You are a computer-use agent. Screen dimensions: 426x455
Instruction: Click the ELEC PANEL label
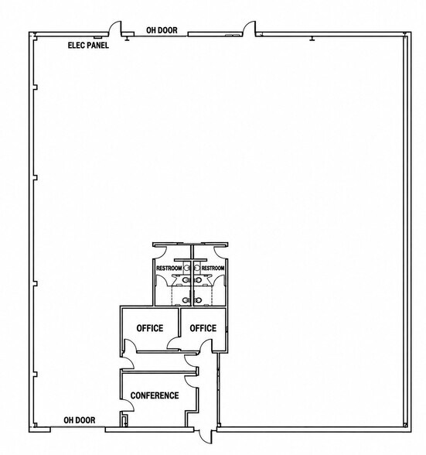pyautogui.click(x=88, y=45)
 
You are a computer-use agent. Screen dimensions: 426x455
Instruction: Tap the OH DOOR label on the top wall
pyautogui.click(x=162, y=30)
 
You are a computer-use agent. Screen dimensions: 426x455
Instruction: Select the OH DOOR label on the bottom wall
pyautogui.click(x=79, y=420)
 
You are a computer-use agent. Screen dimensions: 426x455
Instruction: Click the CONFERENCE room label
pyautogui.click(x=155, y=395)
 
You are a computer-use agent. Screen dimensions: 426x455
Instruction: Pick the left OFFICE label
pyautogui.click(x=150, y=328)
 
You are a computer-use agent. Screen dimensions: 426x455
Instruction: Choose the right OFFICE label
pyautogui.click(x=203, y=328)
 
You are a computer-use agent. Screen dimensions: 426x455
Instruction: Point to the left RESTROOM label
pyautogui.click(x=169, y=268)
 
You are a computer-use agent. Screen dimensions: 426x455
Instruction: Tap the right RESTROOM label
pyautogui.click(x=213, y=268)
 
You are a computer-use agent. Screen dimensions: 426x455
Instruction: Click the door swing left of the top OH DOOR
pyautogui.click(x=115, y=29)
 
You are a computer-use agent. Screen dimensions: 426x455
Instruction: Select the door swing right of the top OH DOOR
pyautogui.click(x=249, y=29)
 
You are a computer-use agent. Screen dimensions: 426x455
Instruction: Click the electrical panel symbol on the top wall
pyautogui.click(x=97, y=37)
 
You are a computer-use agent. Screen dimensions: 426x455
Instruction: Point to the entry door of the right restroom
pyautogui.click(x=220, y=251)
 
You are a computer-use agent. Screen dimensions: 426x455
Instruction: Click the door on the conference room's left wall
pyautogui.click(x=128, y=405)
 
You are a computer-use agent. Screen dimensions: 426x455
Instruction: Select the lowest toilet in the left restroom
pyautogui.click(x=186, y=299)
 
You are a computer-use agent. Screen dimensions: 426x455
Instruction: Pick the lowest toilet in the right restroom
pyautogui.click(x=198, y=299)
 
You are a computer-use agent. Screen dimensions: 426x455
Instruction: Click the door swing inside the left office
pyautogui.click(x=130, y=345)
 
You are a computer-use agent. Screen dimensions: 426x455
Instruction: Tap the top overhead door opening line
pyautogui.click(x=161, y=36)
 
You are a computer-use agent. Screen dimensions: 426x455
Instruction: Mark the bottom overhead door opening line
pyautogui.click(x=78, y=427)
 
